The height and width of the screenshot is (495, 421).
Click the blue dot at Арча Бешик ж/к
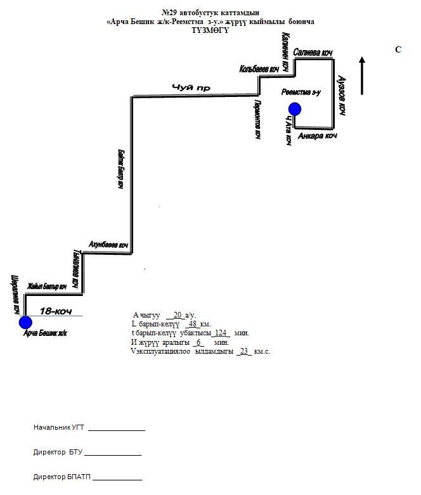pos(25,322)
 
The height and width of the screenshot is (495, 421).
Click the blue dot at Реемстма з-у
pos(294,109)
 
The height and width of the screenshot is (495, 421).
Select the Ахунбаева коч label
pos(108,245)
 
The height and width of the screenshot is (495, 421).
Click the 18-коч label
pos(55,311)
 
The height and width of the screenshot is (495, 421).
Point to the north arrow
pos(362,76)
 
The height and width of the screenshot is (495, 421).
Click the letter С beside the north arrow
pos(398,49)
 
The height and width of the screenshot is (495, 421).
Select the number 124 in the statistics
pos(221,333)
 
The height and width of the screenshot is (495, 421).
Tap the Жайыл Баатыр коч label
pos(48,287)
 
